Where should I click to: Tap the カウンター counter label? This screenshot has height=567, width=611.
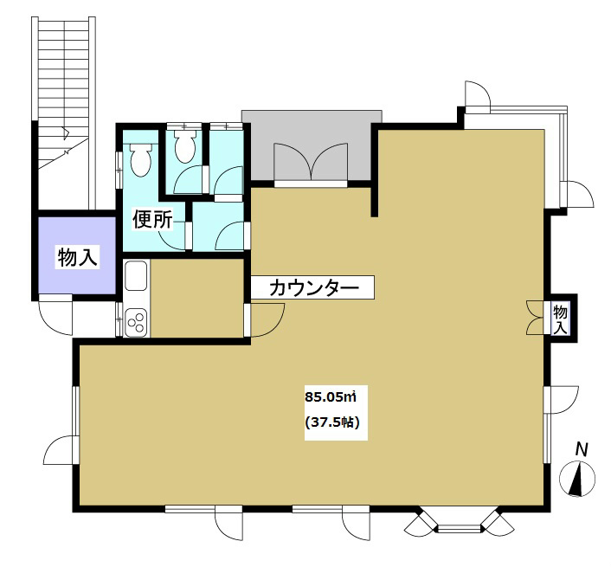click(x=313, y=288)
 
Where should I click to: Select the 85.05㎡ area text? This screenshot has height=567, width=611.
click(x=331, y=397)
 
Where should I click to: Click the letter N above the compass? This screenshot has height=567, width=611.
click(x=582, y=449)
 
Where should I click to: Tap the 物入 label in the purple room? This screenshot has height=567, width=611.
click(x=76, y=257)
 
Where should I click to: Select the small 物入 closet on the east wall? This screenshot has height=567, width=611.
click(x=561, y=319)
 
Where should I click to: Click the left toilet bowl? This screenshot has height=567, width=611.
click(x=139, y=158)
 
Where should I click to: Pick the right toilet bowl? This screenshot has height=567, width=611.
click(x=184, y=147)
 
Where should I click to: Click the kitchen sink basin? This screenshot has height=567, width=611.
click(x=137, y=277)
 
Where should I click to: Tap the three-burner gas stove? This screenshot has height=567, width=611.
click(x=137, y=322)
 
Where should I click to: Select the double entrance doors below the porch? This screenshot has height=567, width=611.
click(x=311, y=163)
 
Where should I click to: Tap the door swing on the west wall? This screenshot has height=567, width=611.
click(x=59, y=450)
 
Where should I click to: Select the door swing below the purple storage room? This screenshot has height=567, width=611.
click(x=57, y=317)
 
